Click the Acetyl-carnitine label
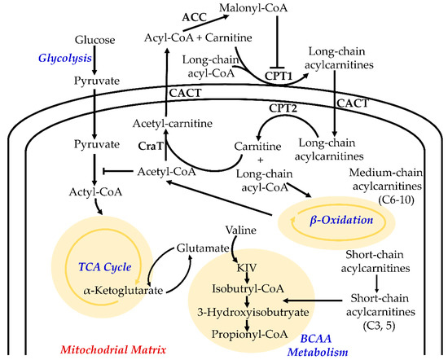(x=173, y=123)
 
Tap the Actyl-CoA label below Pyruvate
(x=96, y=192)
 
